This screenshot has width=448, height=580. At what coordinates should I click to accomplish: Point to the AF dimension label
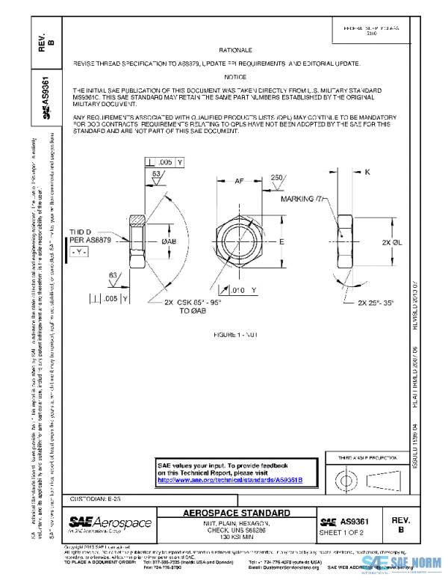240,180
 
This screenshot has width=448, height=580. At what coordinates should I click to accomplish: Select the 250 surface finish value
278,178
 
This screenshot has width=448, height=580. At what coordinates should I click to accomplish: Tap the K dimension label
367,172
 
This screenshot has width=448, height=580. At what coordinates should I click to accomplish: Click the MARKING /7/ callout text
281,200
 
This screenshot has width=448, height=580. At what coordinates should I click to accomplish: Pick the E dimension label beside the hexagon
282,243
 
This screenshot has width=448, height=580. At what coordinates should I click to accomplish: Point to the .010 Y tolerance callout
243,289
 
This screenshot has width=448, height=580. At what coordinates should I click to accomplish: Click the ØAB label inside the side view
169,242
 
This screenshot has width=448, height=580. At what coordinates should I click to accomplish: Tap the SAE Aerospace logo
110,522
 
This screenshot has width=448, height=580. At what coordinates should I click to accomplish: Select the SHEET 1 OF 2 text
340,533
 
